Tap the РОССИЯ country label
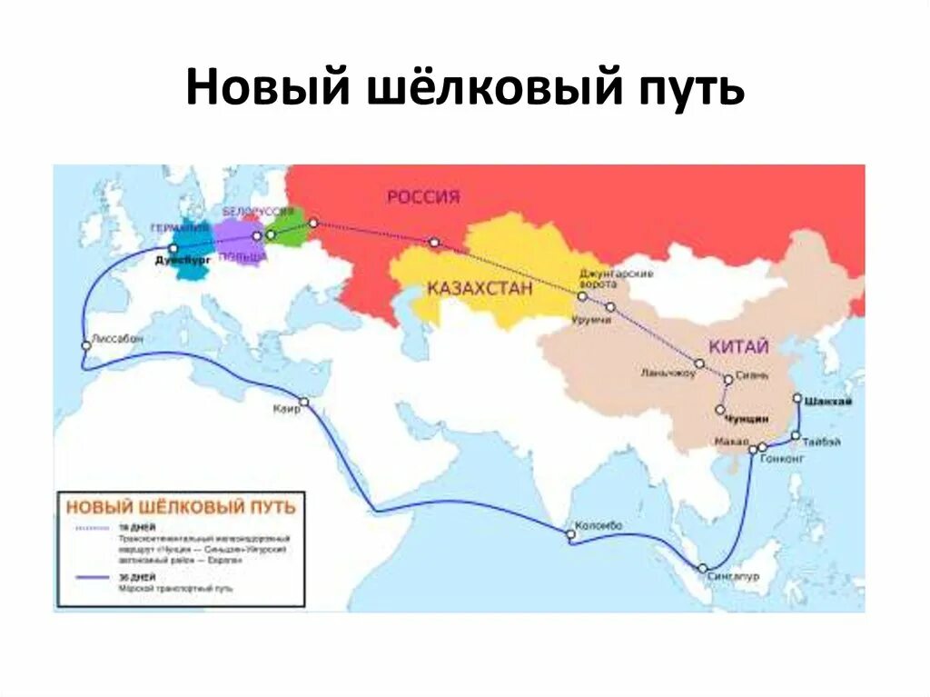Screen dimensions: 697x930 click(x=423, y=196)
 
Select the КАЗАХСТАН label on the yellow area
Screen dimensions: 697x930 click(x=480, y=289)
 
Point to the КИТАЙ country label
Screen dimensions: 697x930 click(x=739, y=346)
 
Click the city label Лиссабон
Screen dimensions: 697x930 click(x=118, y=338)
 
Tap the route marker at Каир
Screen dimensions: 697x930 click(x=304, y=402)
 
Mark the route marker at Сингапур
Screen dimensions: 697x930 click(x=702, y=568)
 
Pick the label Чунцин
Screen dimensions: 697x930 click(x=747, y=419)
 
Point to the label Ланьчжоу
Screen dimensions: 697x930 click(x=665, y=373)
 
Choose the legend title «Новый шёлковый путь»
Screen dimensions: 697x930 click(x=182, y=507)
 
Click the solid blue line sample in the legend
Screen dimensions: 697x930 click(x=91, y=577)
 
